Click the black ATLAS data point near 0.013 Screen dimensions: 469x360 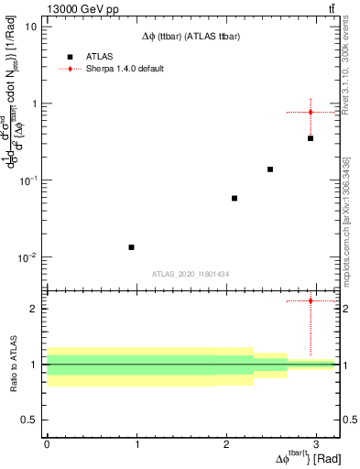point(132,247)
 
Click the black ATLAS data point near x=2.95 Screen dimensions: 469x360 point(311,138)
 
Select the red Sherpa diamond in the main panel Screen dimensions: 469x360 point(311,112)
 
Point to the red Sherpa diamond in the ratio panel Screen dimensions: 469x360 point(311,300)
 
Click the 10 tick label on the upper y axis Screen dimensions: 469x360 point(31,26)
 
